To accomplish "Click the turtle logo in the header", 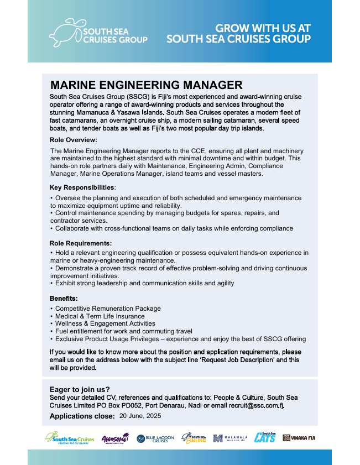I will click(x=65, y=33).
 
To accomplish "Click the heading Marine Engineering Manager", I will click(x=146, y=85).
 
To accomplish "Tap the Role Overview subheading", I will click(x=73, y=140).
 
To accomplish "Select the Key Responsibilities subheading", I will click(x=82, y=187).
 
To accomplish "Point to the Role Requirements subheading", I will click(x=80, y=243).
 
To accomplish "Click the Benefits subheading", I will click(x=64, y=299).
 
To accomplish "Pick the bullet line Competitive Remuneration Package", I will click(x=108, y=309).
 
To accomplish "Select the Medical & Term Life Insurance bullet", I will click(x=100, y=316).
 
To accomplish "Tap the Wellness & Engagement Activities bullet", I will click(x=105, y=323).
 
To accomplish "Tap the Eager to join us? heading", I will click(x=80, y=389).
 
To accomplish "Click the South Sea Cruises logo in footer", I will click(x=70, y=438).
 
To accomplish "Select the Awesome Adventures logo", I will click(x=114, y=438).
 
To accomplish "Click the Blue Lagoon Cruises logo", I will click(x=155, y=438).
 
